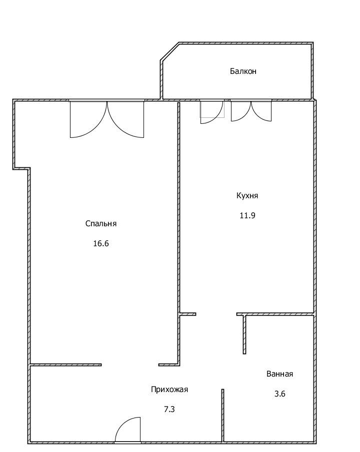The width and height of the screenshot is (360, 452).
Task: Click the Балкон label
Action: [243, 71]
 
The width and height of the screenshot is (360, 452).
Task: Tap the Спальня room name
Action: [101, 224]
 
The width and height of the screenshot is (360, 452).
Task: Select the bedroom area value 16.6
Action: [101, 244]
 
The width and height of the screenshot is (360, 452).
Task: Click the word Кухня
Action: [247, 196]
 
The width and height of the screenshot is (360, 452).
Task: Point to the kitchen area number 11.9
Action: [247, 215]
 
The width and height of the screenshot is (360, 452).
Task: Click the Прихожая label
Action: [169, 390]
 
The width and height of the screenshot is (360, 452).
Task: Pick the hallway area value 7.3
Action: [169, 409]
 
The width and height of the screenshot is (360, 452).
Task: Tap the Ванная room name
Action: [279, 374]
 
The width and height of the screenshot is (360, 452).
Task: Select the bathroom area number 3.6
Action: [279, 394]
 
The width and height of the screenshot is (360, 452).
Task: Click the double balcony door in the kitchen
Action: [251, 111]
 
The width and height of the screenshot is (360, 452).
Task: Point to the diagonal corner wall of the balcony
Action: [170, 51]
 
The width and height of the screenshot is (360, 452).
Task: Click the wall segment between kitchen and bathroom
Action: [275, 314]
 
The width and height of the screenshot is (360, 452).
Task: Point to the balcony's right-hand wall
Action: [312, 71]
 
